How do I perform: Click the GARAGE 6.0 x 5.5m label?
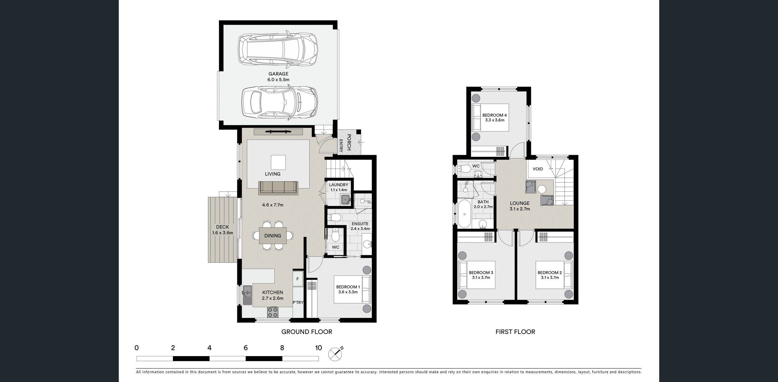pyautogui.click(x=278, y=77)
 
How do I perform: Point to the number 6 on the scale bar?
pyautogui.click(x=245, y=348)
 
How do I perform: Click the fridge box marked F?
pyautogui.click(x=297, y=279)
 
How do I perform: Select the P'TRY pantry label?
pyautogui.click(x=298, y=302)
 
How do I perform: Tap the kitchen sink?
pyautogui.click(x=247, y=295)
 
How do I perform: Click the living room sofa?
pyautogui.click(x=278, y=188)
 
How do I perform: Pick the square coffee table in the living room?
pyautogui.click(x=278, y=162)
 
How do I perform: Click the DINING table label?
pyautogui.click(x=273, y=236)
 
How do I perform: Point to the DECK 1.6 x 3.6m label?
pyautogui.click(x=222, y=230)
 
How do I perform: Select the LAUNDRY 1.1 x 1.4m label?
pyautogui.click(x=339, y=187)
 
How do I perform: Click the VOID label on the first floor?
pyautogui.click(x=538, y=169)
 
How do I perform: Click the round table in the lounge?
pyautogui.click(x=542, y=189)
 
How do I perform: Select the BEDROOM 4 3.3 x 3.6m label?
pyautogui.click(x=495, y=118)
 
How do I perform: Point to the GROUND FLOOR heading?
pyautogui.click(x=306, y=332)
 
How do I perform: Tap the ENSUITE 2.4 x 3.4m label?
pyautogui.click(x=360, y=226)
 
